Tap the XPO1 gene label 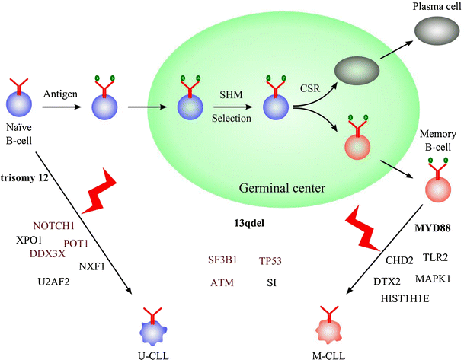point(29,239)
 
